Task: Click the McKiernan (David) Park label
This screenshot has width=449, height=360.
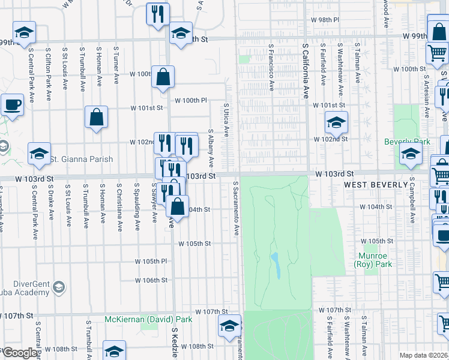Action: pyautogui.click(x=148, y=319)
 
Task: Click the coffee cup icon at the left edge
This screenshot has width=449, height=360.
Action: pyautogui.click(x=12, y=105)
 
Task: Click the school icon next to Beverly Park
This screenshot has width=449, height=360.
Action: pyautogui.click(x=411, y=155)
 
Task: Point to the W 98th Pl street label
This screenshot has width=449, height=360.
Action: pyautogui.click(x=325, y=20)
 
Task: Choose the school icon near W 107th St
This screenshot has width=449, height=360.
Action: pyautogui.click(x=229, y=326)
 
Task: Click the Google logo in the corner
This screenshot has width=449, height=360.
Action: pyautogui.click(x=20, y=353)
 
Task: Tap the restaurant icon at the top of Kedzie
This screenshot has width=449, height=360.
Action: pyautogui.click(x=158, y=14)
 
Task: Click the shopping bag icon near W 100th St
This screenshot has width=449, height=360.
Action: pyautogui.click(x=163, y=77)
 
